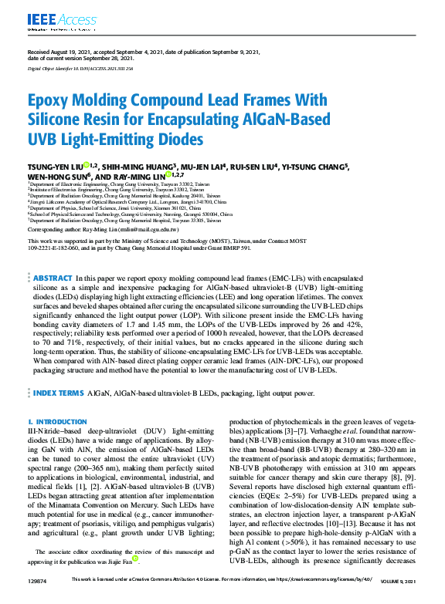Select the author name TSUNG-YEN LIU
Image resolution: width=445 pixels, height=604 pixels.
pyautogui.click(x=53, y=166)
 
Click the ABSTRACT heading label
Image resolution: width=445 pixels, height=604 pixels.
pyautogui.click(x=53, y=277)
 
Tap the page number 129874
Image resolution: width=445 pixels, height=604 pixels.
pyautogui.click(x=38, y=599)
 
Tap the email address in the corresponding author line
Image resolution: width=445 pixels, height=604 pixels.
pyautogui.click(x=151, y=230)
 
